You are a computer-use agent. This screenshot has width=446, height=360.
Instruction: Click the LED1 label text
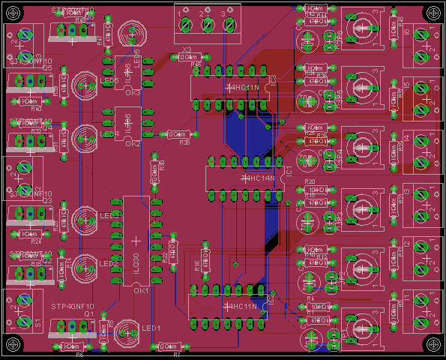click(152, 328)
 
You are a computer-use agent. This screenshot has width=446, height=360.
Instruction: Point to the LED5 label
click(110, 81)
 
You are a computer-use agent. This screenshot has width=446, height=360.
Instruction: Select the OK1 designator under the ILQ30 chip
click(141, 290)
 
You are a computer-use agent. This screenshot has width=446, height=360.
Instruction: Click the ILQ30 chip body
click(136, 241)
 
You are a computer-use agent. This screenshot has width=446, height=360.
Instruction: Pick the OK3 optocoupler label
click(133, 93)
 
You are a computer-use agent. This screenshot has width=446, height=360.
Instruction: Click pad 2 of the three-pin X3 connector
click(208, 25)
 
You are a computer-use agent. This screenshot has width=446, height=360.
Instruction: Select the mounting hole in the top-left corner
click(13, 13)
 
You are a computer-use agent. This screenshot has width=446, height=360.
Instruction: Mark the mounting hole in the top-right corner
click(433, 13)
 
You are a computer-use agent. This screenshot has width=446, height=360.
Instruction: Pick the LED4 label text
click(110, 134)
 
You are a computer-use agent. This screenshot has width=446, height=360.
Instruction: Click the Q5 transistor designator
click(46, 68)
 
